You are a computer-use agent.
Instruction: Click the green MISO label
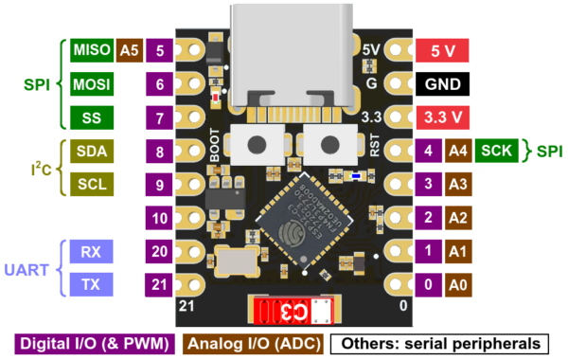pos(88,50)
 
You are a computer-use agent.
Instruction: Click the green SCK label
pos(500,150)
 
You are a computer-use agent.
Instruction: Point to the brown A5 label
pos(128,50)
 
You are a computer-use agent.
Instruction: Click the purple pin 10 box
pos(160,218)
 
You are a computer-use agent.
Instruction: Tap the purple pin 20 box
pos(160,252)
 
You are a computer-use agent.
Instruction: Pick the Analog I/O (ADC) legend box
pos(254,343)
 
